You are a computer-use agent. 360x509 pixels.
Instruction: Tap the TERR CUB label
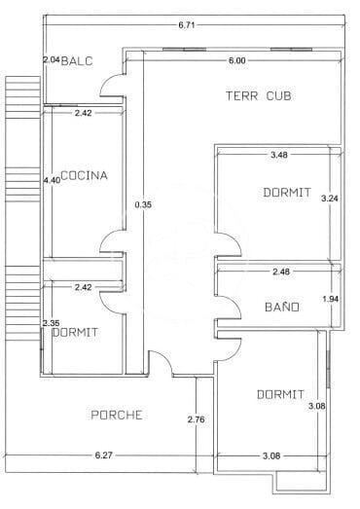pyautogui.click(x=259, y=95)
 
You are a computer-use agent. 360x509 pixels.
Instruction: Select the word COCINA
pyautogui.click(x=84, y=176)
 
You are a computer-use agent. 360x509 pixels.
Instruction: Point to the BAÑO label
pyautogui.click(x=281, y=308)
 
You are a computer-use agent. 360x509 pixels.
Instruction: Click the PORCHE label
pyautogui.click(x=117, y=415)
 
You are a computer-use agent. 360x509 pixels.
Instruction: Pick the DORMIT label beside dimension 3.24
pyautogui.click(x=287, y=193)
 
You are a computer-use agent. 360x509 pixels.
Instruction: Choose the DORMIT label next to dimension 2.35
pyautogui.click(x=74, y=332)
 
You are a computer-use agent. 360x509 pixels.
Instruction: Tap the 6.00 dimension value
pyautogui.click(x=236, y=60)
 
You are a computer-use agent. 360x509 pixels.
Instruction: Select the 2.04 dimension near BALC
pyautogui.click(x=51, y=60)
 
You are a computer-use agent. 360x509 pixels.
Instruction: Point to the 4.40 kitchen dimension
pyautogui.click(x=51, y=179)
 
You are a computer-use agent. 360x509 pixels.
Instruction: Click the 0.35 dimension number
pyautogui.click(x=142, y=205)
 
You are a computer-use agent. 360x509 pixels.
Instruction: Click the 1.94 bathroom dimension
pyautogui.click(x=329, y=300)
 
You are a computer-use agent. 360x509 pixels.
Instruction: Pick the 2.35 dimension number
pyautogui.click(x=51, y=323)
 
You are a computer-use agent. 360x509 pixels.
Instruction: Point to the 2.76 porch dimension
pyautogui.click(x=195, y=419)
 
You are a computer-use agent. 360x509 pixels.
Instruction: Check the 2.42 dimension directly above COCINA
pyautogui.click(x=84, y=114)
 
